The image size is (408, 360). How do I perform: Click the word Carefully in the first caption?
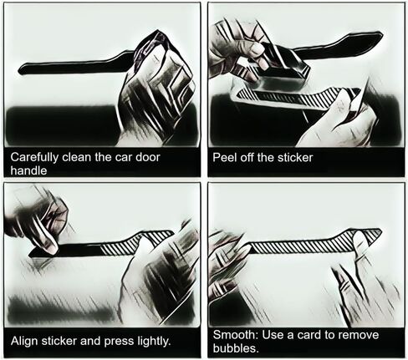34,158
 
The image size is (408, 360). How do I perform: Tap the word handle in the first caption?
28,170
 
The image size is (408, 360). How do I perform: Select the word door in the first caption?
147,157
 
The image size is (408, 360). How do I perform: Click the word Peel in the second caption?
222,157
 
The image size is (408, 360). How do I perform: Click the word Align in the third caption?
24,341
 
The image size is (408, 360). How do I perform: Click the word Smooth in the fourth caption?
236,335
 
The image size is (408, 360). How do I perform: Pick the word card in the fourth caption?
310,335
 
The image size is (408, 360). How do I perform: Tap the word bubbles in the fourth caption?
236,347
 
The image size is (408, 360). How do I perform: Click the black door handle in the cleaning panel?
75,66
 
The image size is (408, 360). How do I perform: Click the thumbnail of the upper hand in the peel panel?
257,50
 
